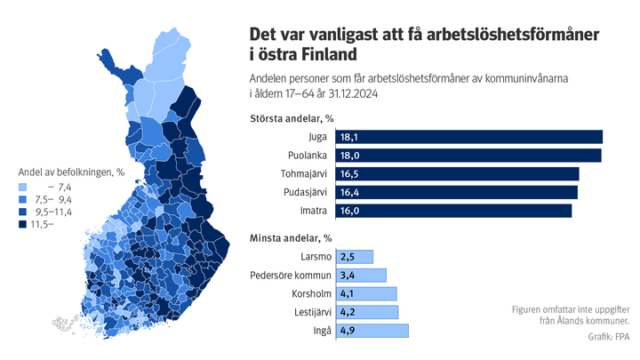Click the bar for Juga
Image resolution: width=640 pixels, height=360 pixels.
pyautogui.click(x=468, y=137)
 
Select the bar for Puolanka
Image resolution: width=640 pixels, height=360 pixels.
pyautogui.click(x=468, y=156)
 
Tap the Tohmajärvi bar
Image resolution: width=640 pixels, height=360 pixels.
pyautogui.click(x=457, y=174)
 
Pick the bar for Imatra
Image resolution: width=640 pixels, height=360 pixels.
pyautogui.click(x=453, y=212)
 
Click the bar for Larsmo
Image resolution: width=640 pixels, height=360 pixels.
pyautogui.click(x=355, y=257)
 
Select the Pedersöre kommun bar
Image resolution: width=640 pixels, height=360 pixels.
pyautogui.click(x=362, y=276)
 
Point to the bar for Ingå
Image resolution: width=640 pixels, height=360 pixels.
pyautogui.click(x=372, y=331)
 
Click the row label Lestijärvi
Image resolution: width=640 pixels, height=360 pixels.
pyautogui.click(x=308, y=313)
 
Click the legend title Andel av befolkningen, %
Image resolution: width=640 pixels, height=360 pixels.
pyautogui.click(x=66, y=172)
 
